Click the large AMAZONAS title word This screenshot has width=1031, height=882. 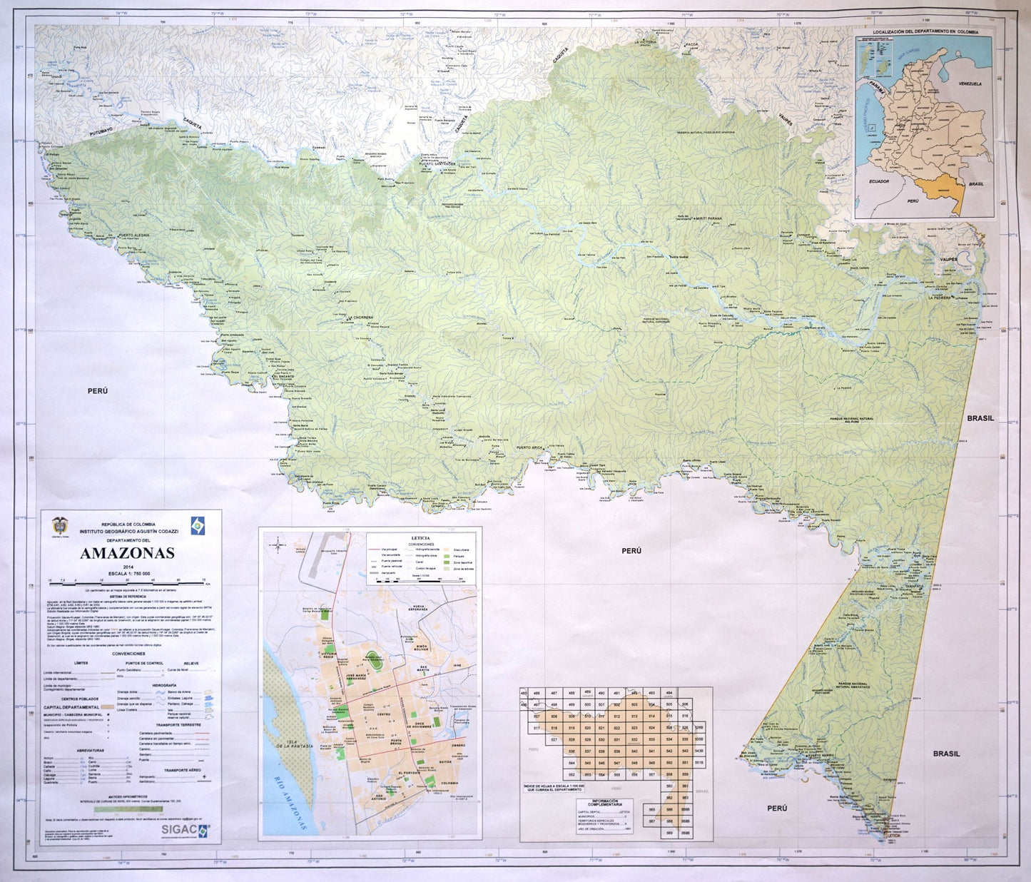coord(127,553)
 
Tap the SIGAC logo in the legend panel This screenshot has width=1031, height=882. coord(185,830)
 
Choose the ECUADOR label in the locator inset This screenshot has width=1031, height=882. coord(879,181)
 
